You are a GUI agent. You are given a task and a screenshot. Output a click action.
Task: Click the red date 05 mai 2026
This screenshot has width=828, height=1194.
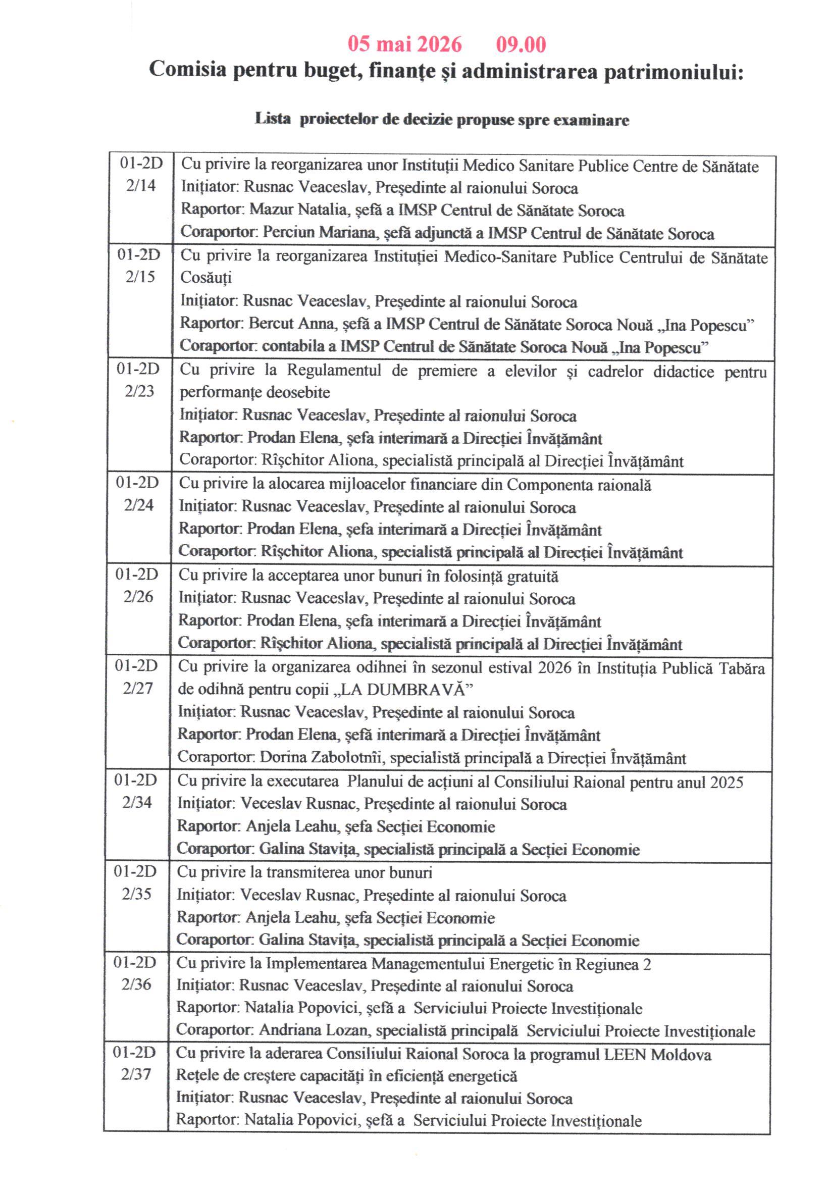(404, 44)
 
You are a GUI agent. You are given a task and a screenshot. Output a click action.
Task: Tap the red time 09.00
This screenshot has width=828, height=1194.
(521, 44)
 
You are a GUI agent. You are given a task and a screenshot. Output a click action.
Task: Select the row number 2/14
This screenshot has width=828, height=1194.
(140, 185)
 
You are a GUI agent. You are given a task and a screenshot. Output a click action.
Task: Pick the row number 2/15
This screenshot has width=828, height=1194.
(140, 277)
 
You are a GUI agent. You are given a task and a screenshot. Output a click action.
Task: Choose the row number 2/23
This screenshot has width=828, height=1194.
(139, 391)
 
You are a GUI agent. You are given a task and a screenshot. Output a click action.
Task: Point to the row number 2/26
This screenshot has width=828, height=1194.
(138, 596)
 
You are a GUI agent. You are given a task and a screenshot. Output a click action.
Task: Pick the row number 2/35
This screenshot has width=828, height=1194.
(136, 894)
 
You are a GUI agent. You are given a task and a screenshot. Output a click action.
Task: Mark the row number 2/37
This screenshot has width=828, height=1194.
(135, 1075)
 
